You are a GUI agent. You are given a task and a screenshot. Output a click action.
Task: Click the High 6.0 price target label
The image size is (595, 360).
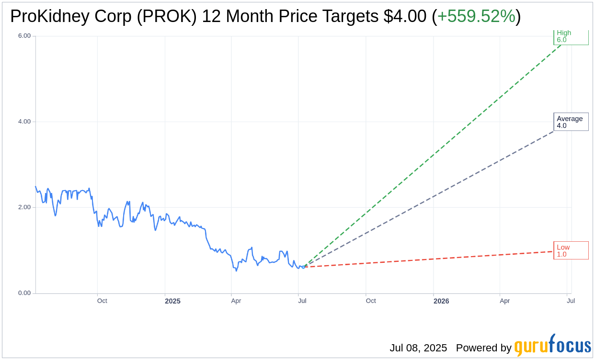coord(570,36)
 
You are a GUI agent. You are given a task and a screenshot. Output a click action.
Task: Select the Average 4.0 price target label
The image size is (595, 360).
coord(570,122)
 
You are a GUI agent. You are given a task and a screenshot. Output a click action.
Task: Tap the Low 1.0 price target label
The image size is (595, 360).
coord(570,250)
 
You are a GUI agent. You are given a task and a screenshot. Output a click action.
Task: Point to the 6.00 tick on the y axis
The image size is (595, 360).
coord(24,36)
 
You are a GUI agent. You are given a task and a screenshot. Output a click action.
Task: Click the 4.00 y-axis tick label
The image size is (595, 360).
coord(24,122)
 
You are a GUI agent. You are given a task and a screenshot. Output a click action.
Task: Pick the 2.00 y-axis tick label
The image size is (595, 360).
coord(24,207)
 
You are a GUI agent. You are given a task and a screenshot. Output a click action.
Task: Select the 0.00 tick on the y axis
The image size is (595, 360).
coord(24,293)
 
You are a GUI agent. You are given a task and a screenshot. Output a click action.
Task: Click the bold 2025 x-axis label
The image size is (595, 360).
coord(172,301)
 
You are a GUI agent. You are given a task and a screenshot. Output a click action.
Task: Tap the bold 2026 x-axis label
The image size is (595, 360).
coord(441,301)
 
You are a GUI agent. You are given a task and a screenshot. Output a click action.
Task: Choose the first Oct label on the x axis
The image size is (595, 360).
coord(102,301)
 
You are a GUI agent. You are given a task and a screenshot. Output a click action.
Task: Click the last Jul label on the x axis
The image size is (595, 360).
coord(571,301)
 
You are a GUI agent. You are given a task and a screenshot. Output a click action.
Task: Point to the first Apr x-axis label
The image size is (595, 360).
coord(236,301)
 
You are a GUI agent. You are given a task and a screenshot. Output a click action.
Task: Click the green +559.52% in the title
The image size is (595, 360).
coord(476,17)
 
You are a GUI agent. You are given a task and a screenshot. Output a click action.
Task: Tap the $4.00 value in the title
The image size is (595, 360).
coord(405,17)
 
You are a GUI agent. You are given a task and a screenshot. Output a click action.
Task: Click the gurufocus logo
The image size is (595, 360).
coord(552,346)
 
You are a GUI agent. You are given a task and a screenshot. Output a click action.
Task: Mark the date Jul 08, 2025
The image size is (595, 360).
coord(418,348)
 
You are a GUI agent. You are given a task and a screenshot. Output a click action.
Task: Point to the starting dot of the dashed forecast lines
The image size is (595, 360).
coord(303,267)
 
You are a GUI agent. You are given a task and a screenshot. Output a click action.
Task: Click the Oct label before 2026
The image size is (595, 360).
coord(371,301)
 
